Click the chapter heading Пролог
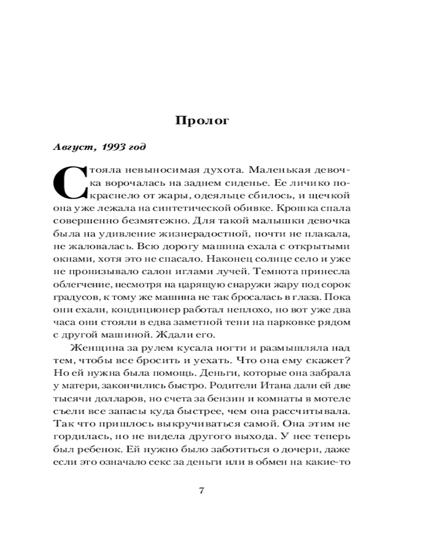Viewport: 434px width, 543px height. coord(202,121)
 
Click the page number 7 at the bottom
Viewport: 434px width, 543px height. coord(202,491)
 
